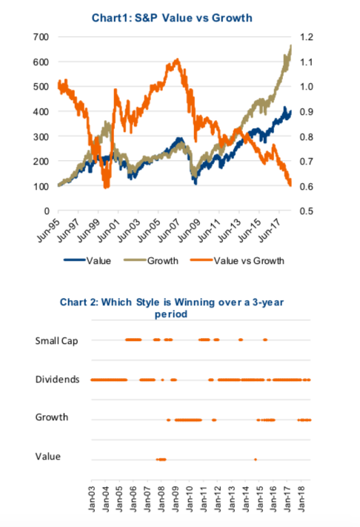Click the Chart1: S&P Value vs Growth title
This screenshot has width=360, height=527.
coord(172,18)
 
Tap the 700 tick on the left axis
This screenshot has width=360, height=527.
coord(41,36)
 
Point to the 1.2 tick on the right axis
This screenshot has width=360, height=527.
coord(306,36)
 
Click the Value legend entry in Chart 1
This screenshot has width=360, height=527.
coord(87,260)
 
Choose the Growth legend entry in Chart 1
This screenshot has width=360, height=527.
coord(151,260)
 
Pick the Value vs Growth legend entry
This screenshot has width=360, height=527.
coord(237,260)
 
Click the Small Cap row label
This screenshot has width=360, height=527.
coord(57,341)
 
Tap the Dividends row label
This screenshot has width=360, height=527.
coord(58,379)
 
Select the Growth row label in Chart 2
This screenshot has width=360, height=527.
coord(52,417)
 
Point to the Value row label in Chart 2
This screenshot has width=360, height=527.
coord(48,457)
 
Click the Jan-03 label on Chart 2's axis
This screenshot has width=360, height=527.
coord(92,499)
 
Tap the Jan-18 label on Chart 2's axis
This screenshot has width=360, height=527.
coord(301,499)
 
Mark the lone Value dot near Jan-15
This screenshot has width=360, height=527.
coord(256,460)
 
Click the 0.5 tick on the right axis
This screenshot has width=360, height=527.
coord(306,211)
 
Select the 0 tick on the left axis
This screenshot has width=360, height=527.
coord(47,211)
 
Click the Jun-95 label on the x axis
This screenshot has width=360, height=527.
coord(48,231)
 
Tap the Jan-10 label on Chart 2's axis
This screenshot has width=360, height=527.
coord(190,499)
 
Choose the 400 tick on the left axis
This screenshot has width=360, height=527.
coord(41,111)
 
